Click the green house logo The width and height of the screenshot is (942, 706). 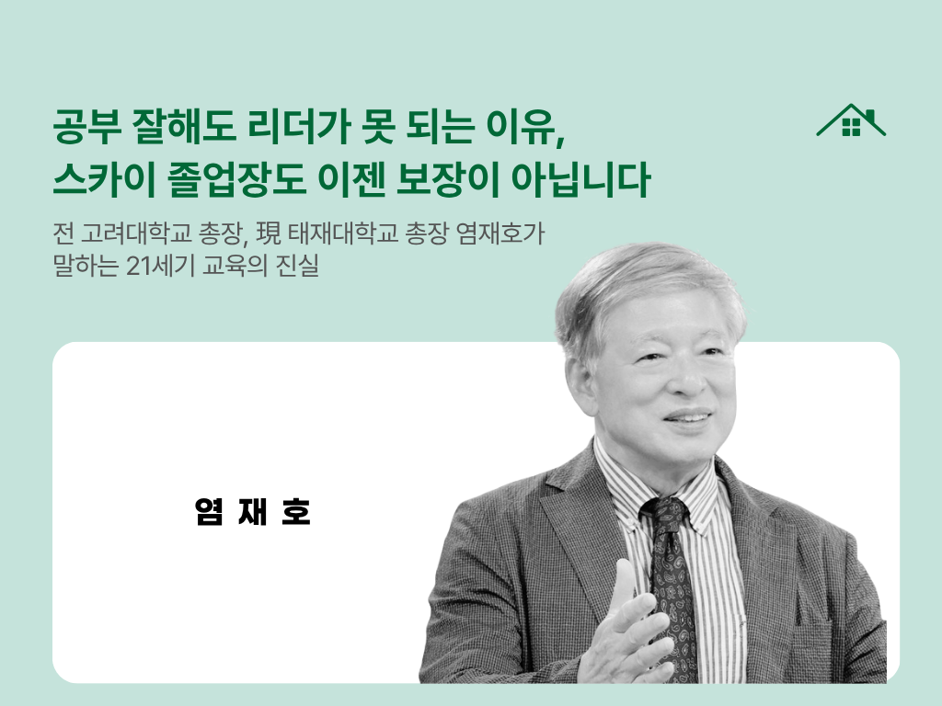pyautogui.click(x=851, y=121)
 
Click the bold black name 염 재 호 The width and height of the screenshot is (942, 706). pyautogui.click(x=253, y=512)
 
